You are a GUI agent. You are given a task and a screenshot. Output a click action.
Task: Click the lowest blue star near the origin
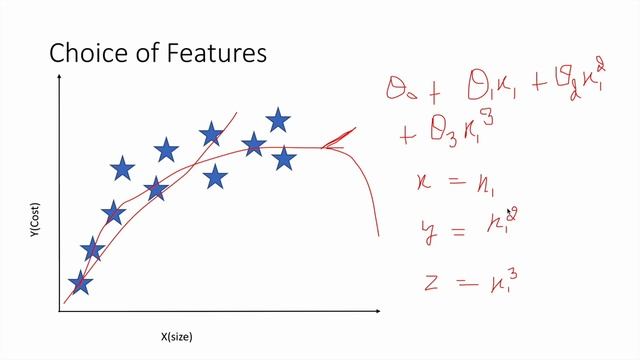click(80, 283)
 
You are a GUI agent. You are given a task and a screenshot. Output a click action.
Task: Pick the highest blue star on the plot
click(278, 121)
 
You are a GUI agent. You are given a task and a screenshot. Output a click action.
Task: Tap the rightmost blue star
click(285, 158)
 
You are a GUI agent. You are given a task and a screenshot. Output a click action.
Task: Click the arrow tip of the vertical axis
click(60, 85)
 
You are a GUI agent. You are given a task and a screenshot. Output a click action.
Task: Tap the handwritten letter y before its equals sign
click(429, 232)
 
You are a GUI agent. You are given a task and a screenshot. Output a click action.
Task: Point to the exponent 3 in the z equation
click(513, 265)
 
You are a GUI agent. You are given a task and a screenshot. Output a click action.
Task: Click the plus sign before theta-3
click(407, 135)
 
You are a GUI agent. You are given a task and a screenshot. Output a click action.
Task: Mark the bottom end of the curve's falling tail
click(378, 235)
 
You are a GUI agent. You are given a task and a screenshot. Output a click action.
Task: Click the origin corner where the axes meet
click(60, 311)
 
